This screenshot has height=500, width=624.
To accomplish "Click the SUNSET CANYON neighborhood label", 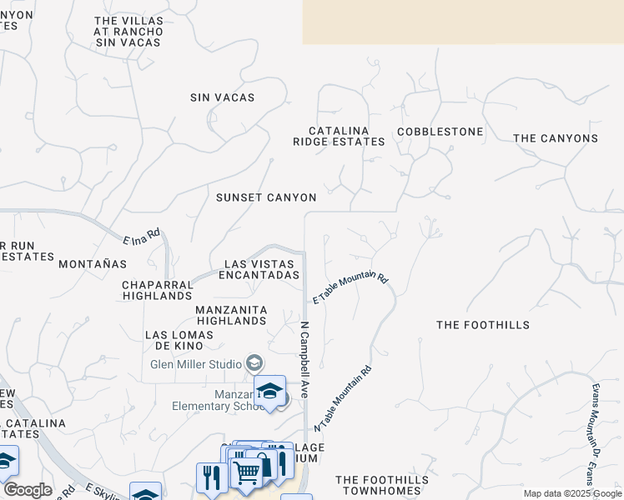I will (266, 197).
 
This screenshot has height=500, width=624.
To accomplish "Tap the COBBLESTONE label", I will (440, 132).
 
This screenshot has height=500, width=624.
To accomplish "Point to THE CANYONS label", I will (555, 138).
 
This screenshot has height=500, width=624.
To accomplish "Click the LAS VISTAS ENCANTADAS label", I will (261, 269).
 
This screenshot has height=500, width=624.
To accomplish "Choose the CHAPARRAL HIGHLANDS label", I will (158, 290).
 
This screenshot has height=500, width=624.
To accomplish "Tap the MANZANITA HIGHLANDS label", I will (230, 315).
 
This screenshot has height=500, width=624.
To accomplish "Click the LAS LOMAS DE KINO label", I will (179, 340).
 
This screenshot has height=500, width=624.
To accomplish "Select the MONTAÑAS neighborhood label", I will (93, 263).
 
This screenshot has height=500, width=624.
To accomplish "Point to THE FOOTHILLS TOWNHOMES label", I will (382, 486).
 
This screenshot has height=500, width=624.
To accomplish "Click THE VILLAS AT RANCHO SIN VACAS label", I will (128, 31).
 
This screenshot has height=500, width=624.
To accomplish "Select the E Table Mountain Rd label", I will (350, 287).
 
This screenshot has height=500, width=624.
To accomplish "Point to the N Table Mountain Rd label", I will (343, 399).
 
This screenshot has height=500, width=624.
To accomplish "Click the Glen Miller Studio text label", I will (196, 364).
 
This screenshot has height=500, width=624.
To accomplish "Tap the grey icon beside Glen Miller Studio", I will (254, 363).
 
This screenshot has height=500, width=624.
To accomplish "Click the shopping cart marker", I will (246, 473).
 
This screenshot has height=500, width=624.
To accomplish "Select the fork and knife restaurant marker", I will (211, 477).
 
